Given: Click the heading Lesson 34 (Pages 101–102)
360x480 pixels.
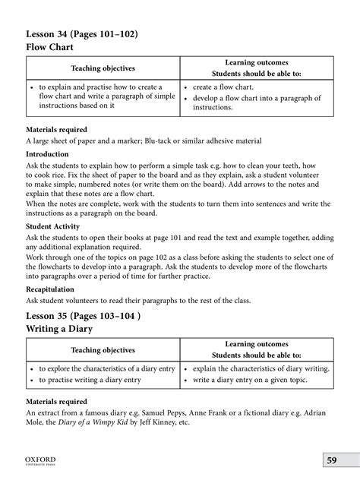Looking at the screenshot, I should coord(83,35).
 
